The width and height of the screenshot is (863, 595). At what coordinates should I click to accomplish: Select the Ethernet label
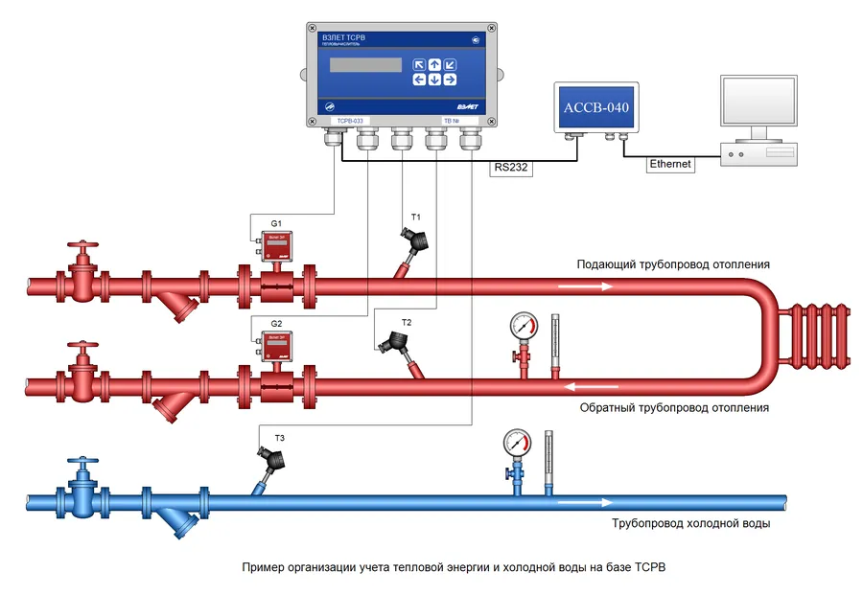[669, 164]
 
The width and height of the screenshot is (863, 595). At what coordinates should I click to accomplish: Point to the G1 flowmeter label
[275, 222]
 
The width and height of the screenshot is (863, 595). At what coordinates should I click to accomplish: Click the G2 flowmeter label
[276, 324]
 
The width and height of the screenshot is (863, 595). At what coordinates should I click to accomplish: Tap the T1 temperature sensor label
[416, 217]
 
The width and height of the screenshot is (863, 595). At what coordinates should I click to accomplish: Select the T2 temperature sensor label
[407, 322]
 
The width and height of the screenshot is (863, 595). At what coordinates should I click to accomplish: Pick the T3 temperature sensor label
[279, 438]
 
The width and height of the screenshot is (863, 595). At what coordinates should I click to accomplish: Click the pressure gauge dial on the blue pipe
[517, 443]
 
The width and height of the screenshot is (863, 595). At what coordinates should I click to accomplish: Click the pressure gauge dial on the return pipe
[524, 324]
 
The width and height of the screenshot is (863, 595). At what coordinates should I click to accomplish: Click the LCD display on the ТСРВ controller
[365, 65]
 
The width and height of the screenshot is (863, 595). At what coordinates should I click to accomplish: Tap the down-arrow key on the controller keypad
[434, 80]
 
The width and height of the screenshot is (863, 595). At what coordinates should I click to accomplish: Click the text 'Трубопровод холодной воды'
[690, 524]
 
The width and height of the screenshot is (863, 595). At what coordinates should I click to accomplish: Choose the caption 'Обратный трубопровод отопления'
[674, 407]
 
